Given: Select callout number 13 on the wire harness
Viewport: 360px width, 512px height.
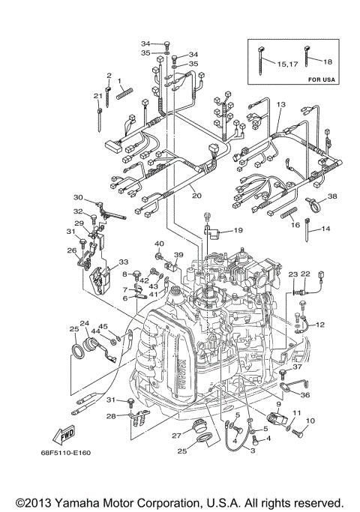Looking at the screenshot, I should point(281,105).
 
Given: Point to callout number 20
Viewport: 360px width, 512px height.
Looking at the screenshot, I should point(196,196).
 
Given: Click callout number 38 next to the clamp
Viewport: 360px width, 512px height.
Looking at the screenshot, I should point(332,196).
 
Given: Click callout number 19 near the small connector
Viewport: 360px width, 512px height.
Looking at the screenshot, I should point(237,230).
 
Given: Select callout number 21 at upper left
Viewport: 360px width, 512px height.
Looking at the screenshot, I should point(97,96).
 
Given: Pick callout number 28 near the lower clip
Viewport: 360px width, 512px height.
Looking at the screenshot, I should point(111,415).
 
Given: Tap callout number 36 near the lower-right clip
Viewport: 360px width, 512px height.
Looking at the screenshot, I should point(304,395).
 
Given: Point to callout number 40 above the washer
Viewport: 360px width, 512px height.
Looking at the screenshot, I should point(159,244).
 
